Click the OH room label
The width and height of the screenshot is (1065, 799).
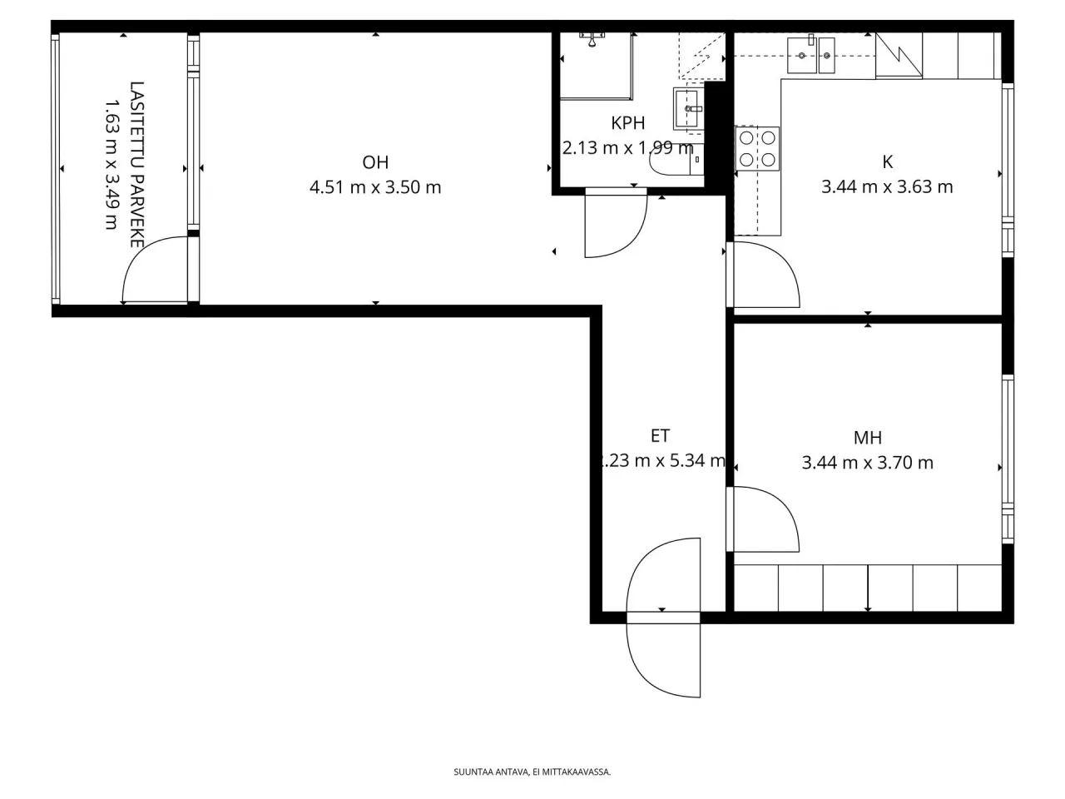click(375, 162)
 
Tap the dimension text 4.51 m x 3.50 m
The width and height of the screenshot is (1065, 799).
click(375, 187)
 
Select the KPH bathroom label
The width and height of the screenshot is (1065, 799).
click(628, 123)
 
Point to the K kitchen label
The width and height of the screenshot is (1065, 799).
click(887, 162)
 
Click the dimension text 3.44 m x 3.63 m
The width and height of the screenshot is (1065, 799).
click(887, 187)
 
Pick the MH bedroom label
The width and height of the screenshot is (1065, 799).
click(868, 438)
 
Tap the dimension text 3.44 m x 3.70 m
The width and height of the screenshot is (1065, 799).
click(868, 463)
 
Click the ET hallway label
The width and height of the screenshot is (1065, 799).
click(660, 435)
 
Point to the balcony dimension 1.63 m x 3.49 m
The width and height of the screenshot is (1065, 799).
click(111, 165)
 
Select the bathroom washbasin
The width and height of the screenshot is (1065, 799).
click(688, 108)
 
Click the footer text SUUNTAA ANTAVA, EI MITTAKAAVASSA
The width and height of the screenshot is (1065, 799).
click(532, 772)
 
